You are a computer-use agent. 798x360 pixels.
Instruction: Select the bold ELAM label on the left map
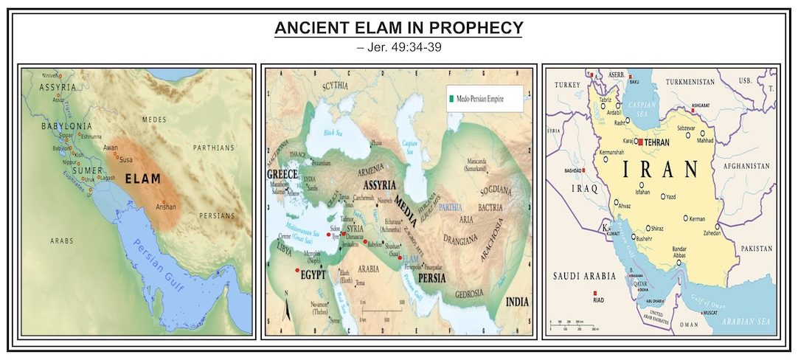(x=142, y=178)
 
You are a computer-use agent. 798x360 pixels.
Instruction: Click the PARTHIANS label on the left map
(x=215, y=148)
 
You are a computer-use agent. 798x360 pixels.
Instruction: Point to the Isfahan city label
(x=643, y=192)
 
